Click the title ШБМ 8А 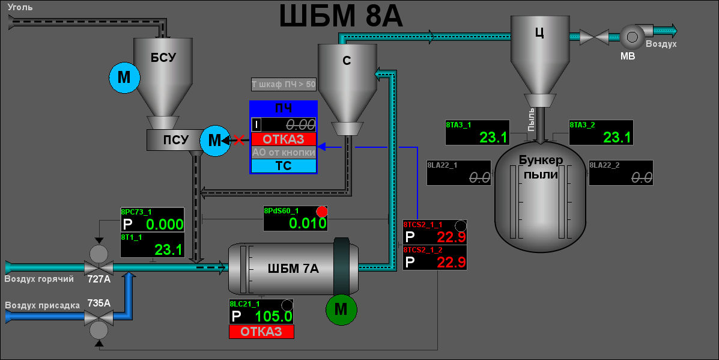341,16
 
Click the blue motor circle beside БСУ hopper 124,78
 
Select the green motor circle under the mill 341,309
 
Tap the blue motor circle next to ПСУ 214,141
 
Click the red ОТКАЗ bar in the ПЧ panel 284,139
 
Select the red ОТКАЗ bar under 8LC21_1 261,332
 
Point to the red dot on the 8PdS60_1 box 322,212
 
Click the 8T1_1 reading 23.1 168,249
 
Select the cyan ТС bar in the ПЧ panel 284,166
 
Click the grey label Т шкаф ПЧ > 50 284,84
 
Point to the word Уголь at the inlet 21,8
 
